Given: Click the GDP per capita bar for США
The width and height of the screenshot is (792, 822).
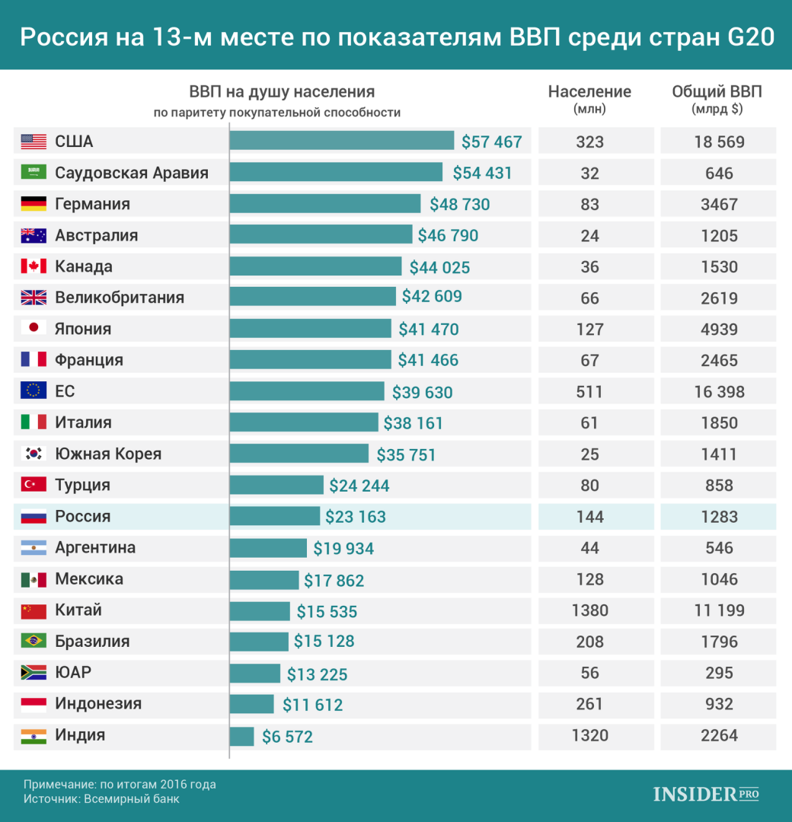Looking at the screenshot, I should pos(342,141).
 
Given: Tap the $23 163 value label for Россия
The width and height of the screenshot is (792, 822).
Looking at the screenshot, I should pos(356,517).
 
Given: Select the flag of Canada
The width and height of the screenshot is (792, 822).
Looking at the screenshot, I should pos(34,266).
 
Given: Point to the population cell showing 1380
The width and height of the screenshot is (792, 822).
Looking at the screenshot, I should pos(590,610).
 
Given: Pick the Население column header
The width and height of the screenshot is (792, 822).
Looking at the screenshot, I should pos(589,92).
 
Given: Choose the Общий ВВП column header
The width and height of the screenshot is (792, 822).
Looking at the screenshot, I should pos(717,92).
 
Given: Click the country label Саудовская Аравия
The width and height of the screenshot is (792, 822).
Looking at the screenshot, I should pos(132,173).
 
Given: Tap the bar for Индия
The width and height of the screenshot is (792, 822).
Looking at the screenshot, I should pos(241,736).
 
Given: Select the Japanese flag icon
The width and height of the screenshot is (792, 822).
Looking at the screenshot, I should pos(34,329).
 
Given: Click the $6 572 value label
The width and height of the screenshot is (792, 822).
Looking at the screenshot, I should pos(287,737).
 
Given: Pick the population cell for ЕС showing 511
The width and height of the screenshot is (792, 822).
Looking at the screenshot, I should pos(590,392).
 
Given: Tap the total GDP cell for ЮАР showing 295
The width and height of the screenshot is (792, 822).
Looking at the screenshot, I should pos(719,673).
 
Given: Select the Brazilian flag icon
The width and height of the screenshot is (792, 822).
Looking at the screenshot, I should pos(34,642).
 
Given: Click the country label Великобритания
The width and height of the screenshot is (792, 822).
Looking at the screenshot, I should pos(120,298).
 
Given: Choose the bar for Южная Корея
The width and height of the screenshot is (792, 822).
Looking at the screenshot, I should pos(299,454).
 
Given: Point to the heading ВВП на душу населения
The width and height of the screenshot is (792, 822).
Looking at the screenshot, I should pos(282,92).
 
